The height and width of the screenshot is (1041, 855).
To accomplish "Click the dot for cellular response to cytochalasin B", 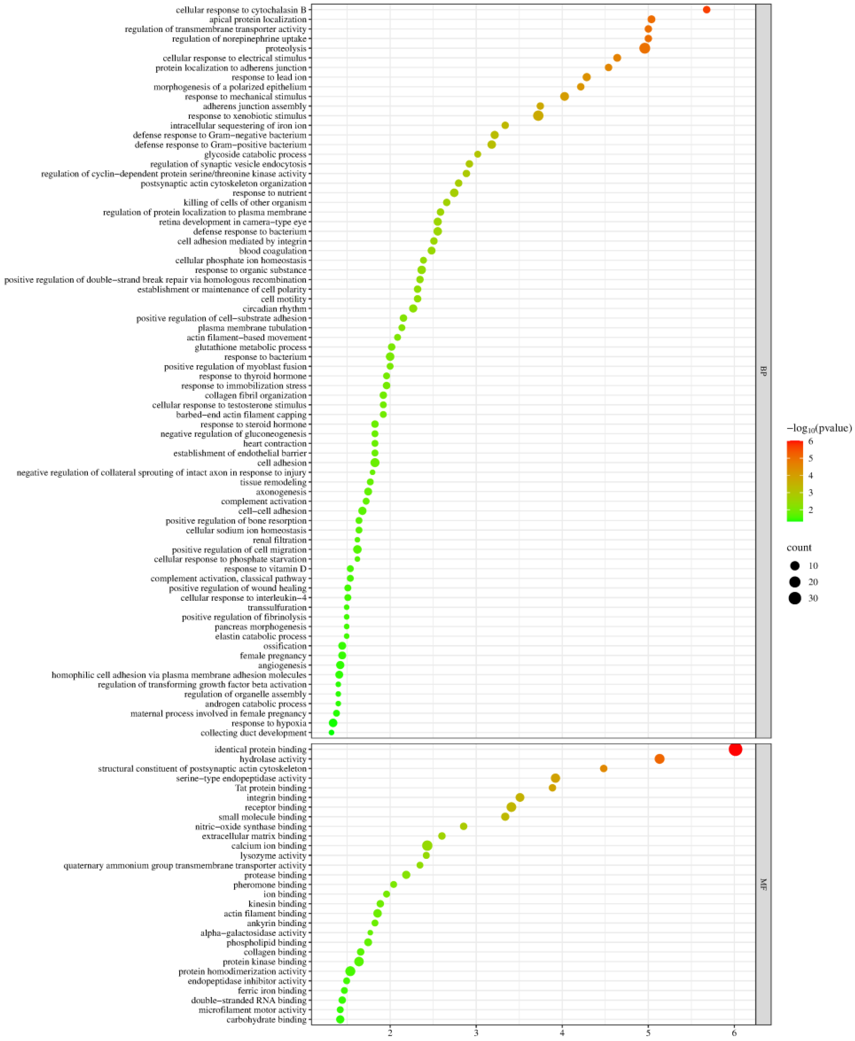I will tap(706, 10).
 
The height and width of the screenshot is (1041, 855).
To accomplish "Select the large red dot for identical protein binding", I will tap(735, 749).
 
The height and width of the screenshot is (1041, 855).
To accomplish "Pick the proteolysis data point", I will tap(644, 48).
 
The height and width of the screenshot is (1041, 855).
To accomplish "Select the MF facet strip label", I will tap(763, 884).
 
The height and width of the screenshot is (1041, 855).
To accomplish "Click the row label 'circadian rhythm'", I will tap(274, 309).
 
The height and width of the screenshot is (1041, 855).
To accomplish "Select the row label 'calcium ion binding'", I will tap(269, 846).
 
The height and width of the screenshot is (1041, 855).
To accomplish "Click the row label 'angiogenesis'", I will tap(282, 665).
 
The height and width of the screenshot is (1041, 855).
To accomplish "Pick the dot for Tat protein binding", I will tap(552, 788).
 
